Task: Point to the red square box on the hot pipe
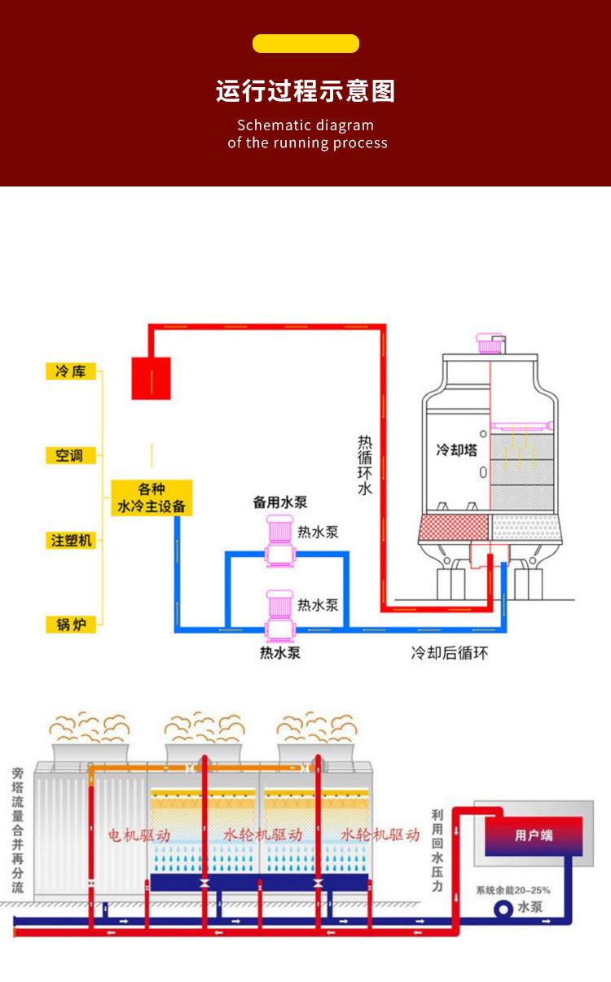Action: pos(152,379)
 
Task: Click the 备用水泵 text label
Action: pos(279,503)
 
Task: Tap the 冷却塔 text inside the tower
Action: pos(457,449)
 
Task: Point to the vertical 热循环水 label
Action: pos(365,465)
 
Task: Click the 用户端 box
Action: pos(534,835)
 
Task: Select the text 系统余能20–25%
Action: pos(513,889)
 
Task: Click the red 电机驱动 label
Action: pos(139,835)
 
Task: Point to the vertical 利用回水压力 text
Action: pos(437,850)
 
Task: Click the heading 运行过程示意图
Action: pos(305,90)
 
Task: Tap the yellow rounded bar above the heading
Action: pos(305,44)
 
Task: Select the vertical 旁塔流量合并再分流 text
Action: pos(18,830)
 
